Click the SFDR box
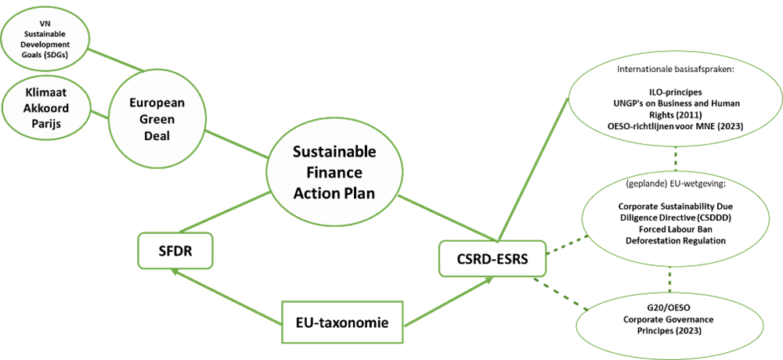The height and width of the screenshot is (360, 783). [175, 252]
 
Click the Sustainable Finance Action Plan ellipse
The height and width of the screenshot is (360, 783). [334, 171]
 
